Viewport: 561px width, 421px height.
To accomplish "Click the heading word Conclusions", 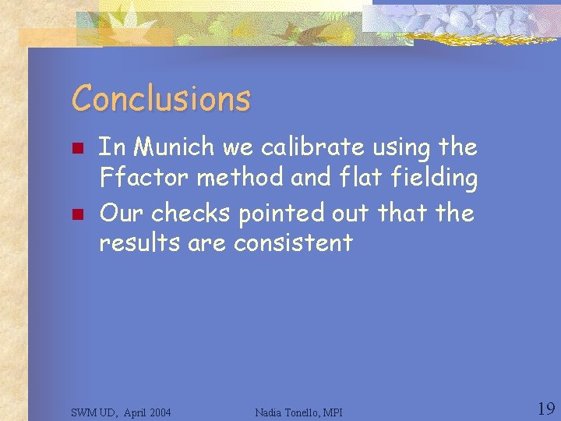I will coord(161,99).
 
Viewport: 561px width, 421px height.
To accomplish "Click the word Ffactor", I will coord(144,178).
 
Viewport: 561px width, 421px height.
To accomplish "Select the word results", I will coord(140,242).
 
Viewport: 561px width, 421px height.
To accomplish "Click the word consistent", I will coord(294,242).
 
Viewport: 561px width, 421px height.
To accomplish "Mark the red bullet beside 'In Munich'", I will coord(76,147).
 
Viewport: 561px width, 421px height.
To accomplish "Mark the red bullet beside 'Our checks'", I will coord(76,212).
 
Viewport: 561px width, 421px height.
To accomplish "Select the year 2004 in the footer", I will coord(158,412).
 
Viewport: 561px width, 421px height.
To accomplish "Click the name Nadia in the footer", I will coord(269,412).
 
